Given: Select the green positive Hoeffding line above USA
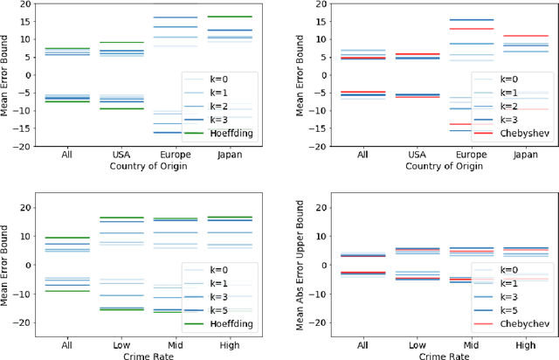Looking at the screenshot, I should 135,42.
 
